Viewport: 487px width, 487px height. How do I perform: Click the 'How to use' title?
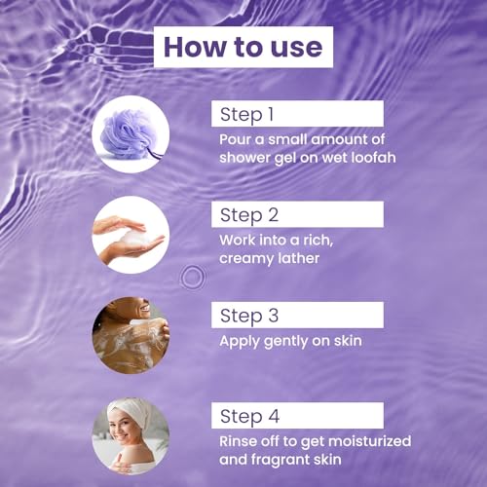tap(243, 47)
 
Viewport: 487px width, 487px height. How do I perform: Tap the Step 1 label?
tap(246, 114)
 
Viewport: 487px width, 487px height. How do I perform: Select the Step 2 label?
tap(249, 215)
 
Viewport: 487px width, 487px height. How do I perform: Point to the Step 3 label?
tap(249, 316)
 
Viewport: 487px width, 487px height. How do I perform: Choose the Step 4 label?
tap(249, 416)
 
